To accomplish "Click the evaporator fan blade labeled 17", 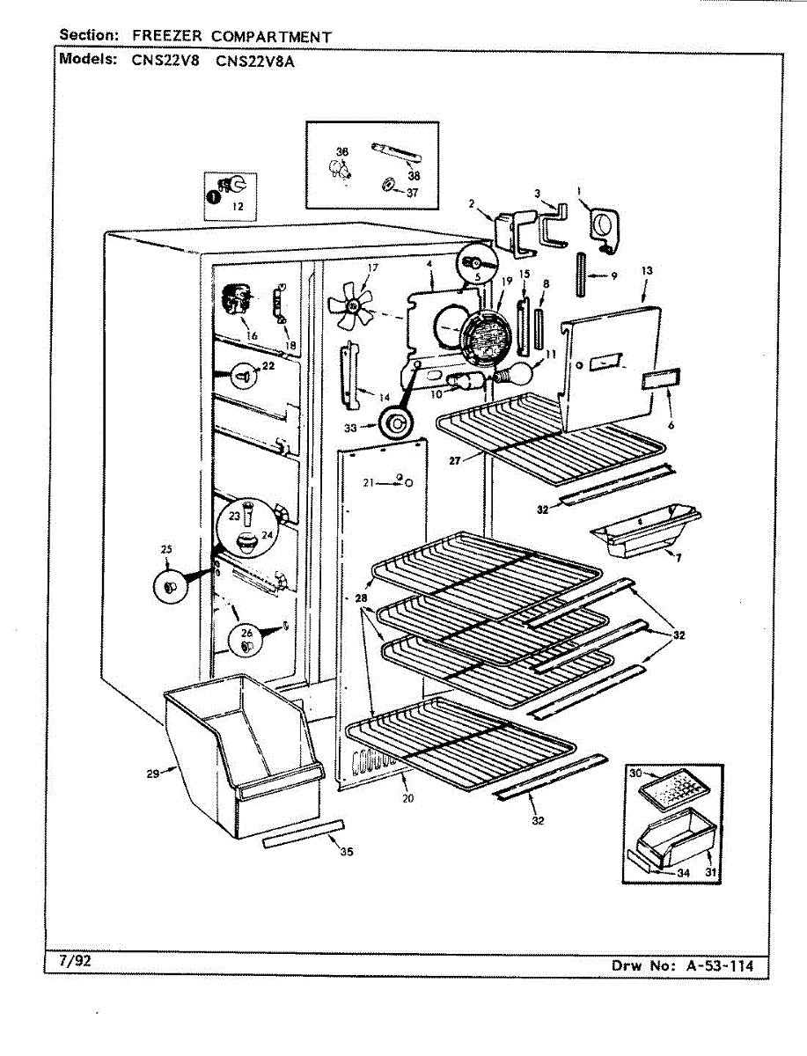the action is [x=350, y=305].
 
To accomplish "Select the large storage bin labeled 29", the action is [x=243, y=756].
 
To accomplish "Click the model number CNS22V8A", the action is [x=255, y=61].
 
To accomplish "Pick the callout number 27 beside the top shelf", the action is [x=455, y=460].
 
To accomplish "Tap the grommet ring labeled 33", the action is [x=396, y=423].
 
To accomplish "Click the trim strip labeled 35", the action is [x=304, y=835].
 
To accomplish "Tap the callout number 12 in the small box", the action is [x=238, y=207].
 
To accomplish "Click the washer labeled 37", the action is [x=387, y=184].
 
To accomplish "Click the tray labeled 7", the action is [x=645, y=530].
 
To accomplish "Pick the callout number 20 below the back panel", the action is [x=407, y=798].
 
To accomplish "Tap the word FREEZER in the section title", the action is [x=167, y=36].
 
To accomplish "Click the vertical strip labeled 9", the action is [x=581, y=275].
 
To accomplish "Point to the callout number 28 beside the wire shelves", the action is [x=361, y=598].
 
